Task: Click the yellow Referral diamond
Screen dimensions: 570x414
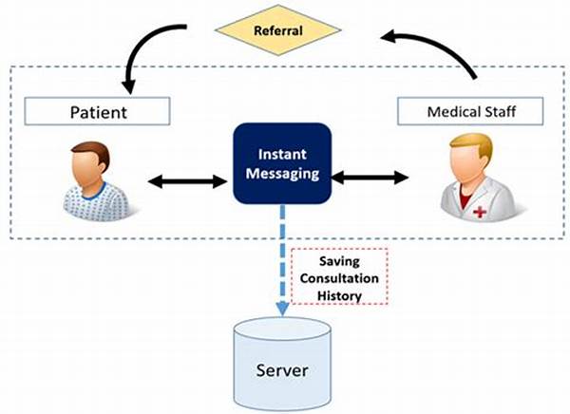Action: pyautogui.click(x=278, y=30)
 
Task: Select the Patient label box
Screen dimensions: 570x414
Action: pyautogui.click(x=97, y=111)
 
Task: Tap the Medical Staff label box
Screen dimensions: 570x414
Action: pyautogui.click(x=470, y=111)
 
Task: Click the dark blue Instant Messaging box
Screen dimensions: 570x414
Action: pyautogui.click(x=282, y=163)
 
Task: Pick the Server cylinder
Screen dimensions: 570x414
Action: pyautogui.click(x=282, y=365)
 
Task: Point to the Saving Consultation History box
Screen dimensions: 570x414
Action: pyautogui.click(x=339, y=276)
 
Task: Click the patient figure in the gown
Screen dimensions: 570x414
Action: pyautogui.click(x=96, y=181)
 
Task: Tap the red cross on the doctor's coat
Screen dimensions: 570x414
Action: pyautogui.click(x=480, y=212)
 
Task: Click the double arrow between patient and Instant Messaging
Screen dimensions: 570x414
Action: pyautogui.click(x=187, y=181)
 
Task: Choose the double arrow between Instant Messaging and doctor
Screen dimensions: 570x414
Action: pyautogui.click(x=370, y=178)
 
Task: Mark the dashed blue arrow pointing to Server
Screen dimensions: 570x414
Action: pyautogui.click(x=282, y=260)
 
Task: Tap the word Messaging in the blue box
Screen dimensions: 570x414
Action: pyautogui.click(x=282, y=174)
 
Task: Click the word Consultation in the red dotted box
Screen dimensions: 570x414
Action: pyautogui.click(x=339, y=278)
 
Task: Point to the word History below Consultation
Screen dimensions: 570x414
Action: pyautogui.click(x=339, y=296)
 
